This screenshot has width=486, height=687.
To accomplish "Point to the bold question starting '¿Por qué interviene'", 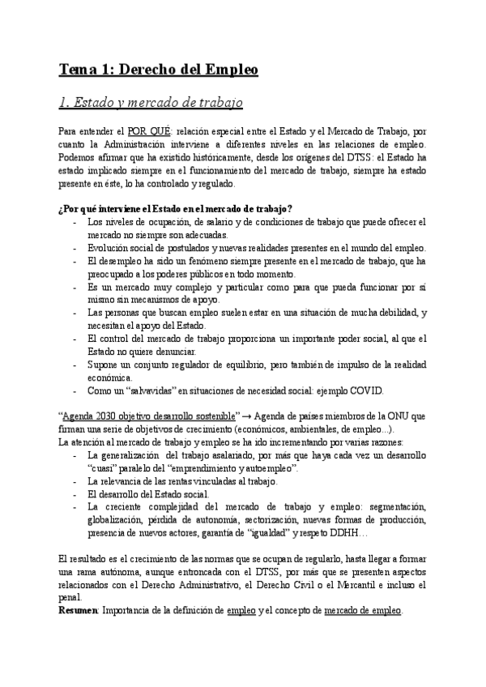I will pos(176,209).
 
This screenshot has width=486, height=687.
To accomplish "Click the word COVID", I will pos(366,390).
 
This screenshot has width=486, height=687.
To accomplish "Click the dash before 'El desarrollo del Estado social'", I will pos(75,494).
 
